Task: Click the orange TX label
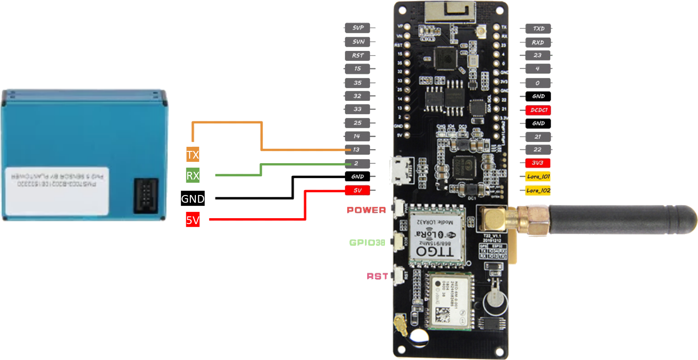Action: point(193,154)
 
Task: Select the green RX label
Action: point(193,175)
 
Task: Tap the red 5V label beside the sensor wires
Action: point(193,220)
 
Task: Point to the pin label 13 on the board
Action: point(357,150)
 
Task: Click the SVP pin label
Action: point(357,28)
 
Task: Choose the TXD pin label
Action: point(538,28)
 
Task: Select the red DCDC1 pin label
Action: point(538,110)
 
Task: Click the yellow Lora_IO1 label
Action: point(538,176)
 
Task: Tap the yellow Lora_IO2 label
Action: point(538,190)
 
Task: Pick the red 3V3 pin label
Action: point(538,163)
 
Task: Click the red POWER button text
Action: point(366,210)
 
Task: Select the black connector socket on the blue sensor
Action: point(146,195)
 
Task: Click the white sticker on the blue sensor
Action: point(57,190)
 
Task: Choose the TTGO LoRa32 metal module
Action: point(436,236)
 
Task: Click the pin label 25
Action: point(357,123)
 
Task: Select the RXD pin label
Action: point(538,42)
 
